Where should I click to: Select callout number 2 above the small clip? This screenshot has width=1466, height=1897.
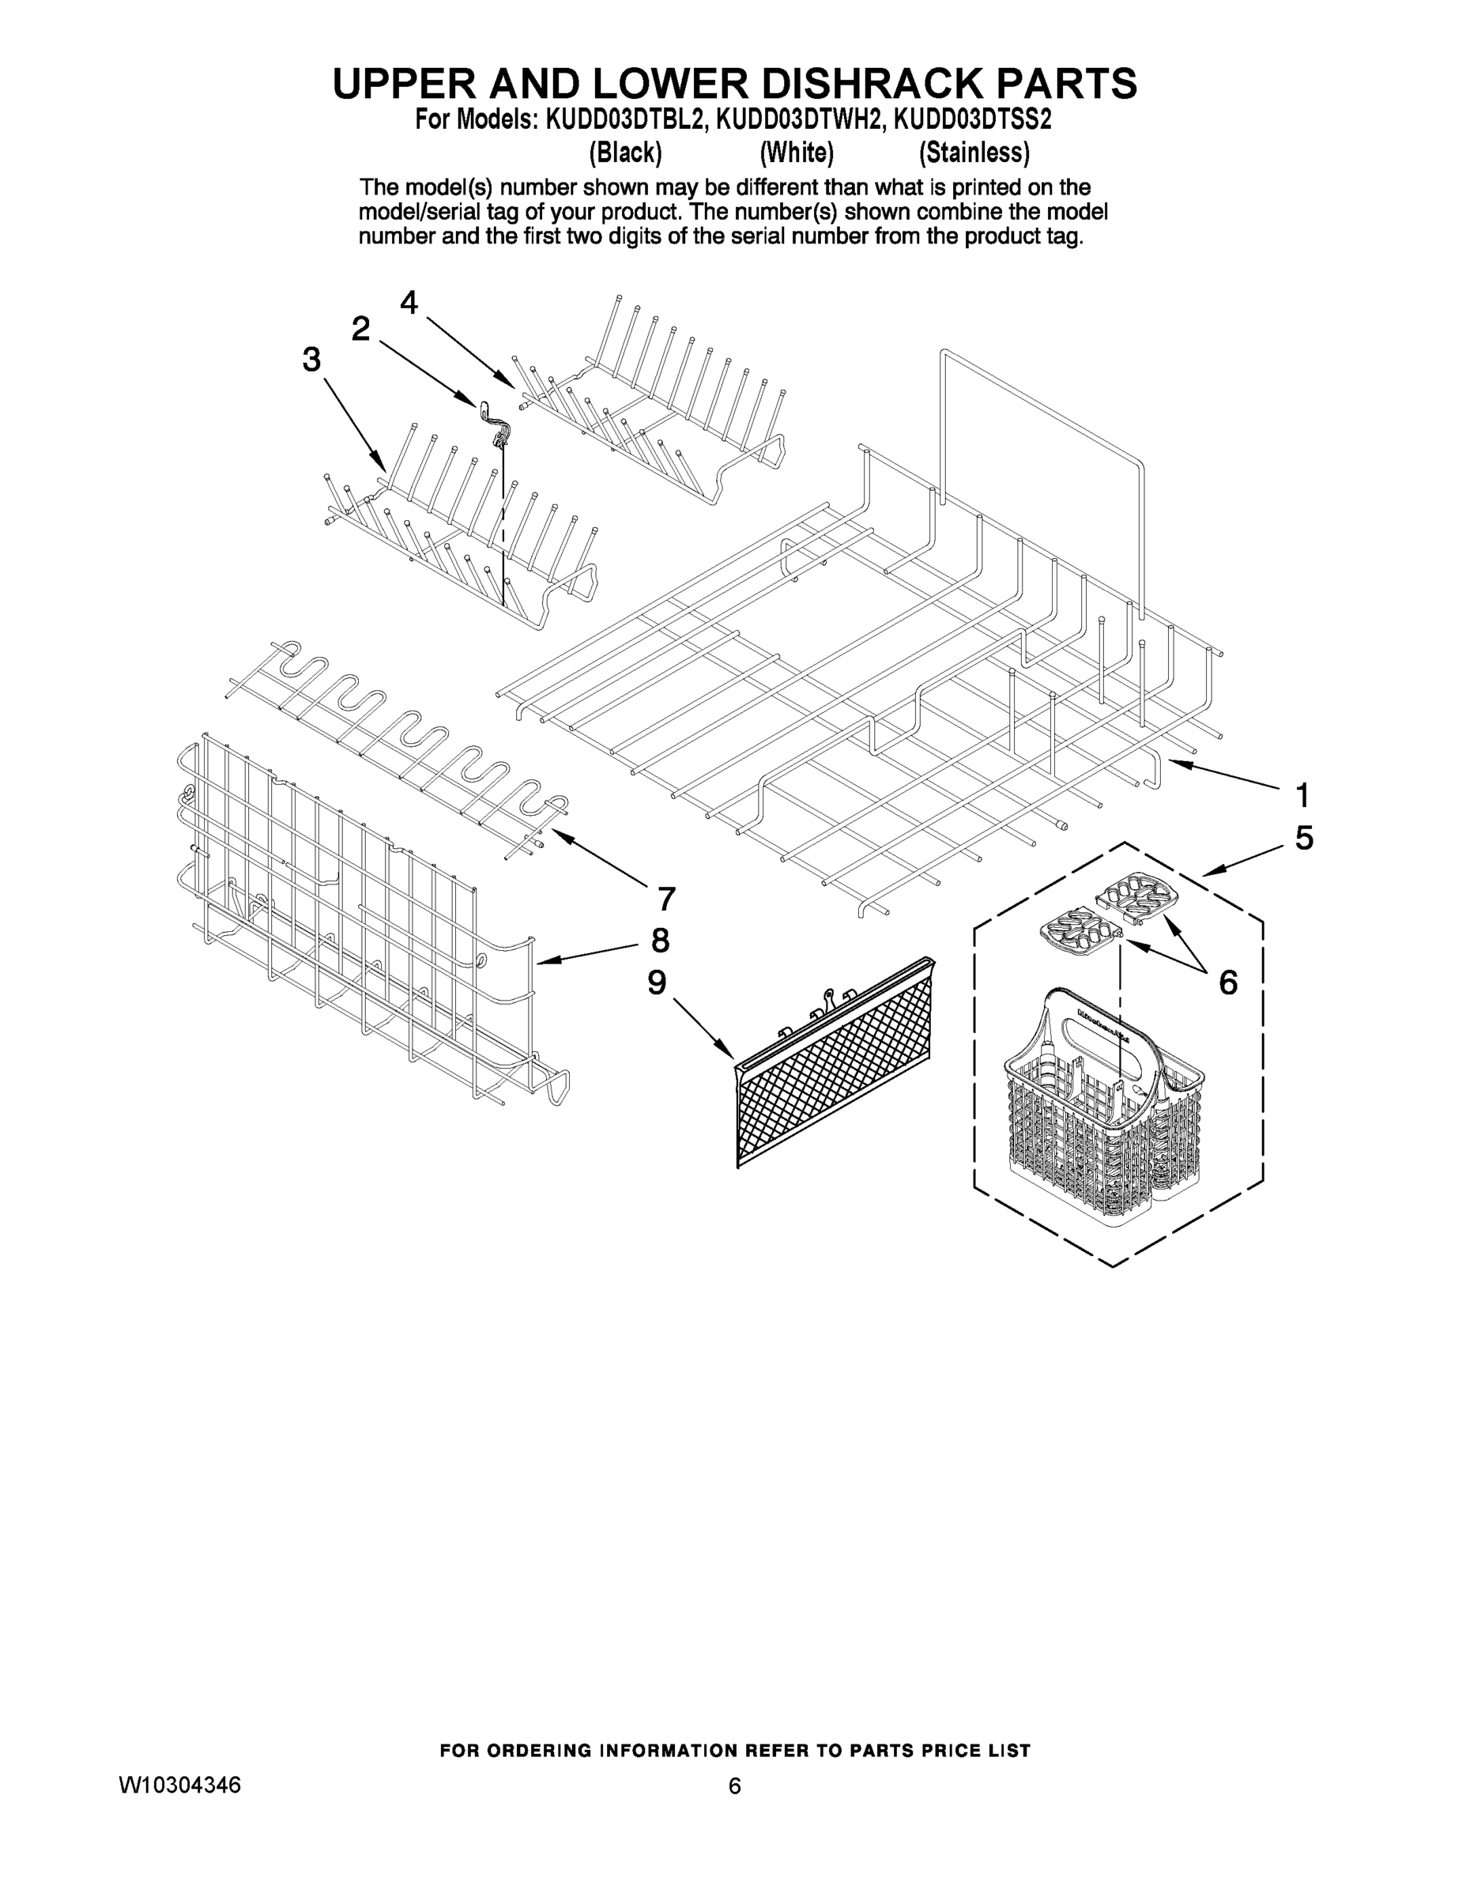[360, 328]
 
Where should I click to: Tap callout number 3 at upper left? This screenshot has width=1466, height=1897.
[311, 359]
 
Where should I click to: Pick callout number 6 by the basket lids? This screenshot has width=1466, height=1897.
[1227, 982]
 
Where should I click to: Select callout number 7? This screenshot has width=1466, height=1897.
[666, 899]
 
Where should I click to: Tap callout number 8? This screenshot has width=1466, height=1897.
[660, 941]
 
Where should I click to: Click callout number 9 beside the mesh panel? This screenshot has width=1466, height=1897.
[657, 982]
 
